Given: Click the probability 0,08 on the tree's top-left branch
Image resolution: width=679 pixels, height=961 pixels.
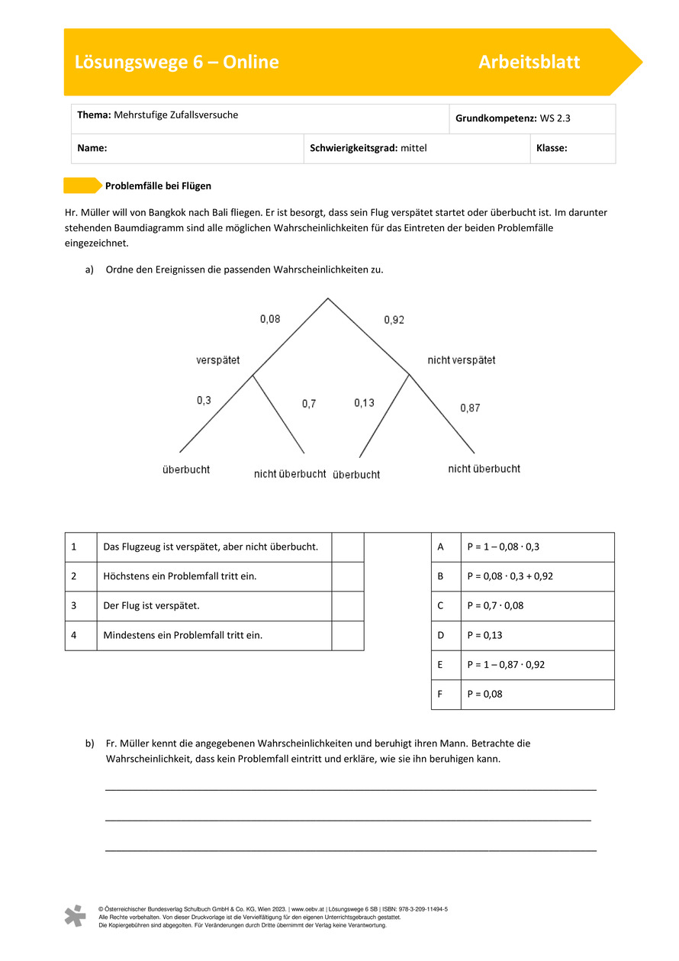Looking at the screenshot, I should pyautogui.click(x=270, y=319).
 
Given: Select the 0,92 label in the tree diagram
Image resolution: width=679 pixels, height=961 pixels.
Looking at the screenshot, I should pyautogui.click(x=394, y=321).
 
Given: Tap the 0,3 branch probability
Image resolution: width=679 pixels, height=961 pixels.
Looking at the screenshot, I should pyautogui.click(x=204, y=400).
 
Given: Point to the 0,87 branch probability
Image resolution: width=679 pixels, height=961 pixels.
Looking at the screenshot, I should pyautogui.click(x=470, y=408).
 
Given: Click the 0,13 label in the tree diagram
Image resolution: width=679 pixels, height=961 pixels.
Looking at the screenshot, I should pyautogui.click(x=364, y=403).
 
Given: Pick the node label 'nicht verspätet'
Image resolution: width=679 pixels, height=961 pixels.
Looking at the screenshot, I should pyautogui.click(x=461, y=360).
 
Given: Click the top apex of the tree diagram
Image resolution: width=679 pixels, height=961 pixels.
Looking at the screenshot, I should pyautogui.click(x=328, y=298).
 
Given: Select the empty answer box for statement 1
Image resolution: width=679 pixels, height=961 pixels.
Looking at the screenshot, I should pyautogui.click(x=347, y=547).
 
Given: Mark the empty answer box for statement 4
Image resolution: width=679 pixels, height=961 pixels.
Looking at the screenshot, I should pyautogui.click(x=347, y=635).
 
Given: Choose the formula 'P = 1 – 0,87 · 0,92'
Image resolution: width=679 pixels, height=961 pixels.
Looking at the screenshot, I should pyautogui.click(x=506, y=665).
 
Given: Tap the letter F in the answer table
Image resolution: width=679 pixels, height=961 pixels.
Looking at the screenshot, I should pyautogui.click(x=441, y=695).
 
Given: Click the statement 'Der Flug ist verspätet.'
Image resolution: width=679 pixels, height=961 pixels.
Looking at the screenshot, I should pyautogui.click(x=151, y=606).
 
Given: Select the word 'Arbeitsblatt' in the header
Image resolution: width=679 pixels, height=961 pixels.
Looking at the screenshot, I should pyautogui.click(x=529, y=63).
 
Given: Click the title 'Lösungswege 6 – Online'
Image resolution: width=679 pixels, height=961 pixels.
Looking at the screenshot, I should pyautogui.click(x=176, y=63).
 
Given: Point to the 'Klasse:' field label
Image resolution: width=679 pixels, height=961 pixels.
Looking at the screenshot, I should pyautogui.click(x=552, y=149).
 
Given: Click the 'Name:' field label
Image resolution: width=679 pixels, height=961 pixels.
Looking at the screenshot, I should pyautogui.click(x=92, y=149).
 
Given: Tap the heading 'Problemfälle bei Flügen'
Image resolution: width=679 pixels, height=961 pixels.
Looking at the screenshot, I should pyautogui.click(x=158, y=185).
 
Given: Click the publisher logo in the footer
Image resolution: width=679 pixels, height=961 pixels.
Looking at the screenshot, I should pyautogui.click(x=75, y=916).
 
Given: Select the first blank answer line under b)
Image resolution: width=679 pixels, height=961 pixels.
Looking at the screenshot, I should pyautogui.click(x=350, y=790).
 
